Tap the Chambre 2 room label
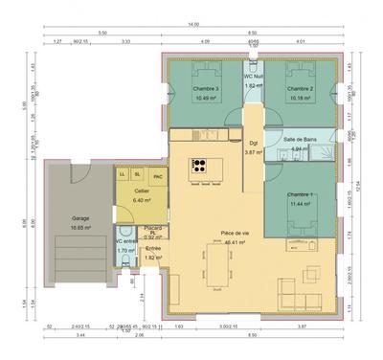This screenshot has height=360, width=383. pyautogui.click(x=300, y=88)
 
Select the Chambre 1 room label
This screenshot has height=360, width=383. pyautogui.click(x=300, y=195)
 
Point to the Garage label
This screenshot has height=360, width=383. pyautogui.click(x=80, y=218)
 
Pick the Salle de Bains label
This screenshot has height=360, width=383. pyautogui.click(x=302, y=140)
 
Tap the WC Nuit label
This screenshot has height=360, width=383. pyautogui.click(x=253, y=77)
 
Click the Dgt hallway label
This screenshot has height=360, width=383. pyautogui.click(x=253, y=143)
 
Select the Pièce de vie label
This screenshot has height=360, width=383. pyautogui.click(x=235, y=234)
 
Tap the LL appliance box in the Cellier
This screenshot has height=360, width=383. pyautogui.click(x=123, y=174)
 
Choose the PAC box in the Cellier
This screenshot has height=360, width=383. pyautogui.click(x=157, y=175)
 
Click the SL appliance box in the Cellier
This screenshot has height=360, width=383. pyautogui.click(x=138, y=174)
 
